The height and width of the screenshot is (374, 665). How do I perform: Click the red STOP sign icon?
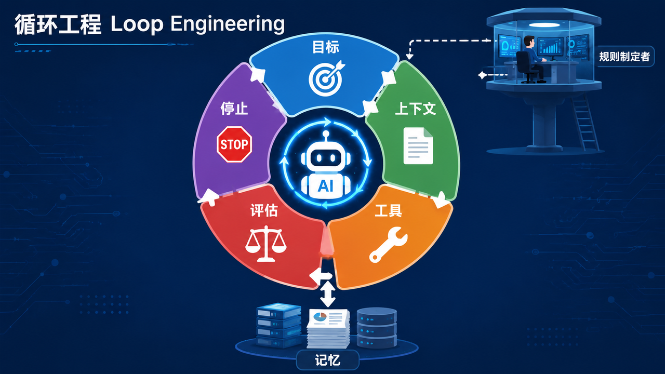[x=234, y=144]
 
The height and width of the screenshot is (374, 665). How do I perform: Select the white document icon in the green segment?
[x=418, y=146]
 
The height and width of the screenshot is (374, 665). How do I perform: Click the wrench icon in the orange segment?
[x=388, y=245]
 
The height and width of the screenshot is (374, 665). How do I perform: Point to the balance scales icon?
[x=265, y=244]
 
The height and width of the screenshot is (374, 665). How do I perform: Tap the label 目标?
[x=326, y=47]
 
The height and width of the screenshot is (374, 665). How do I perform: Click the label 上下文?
[x=415, y=109]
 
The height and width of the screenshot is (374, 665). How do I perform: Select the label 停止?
[x=234, y=109]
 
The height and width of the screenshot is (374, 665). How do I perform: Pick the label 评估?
[x=263, y=210]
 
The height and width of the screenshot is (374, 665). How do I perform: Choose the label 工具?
[x=388, y=210]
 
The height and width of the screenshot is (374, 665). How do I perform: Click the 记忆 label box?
[x=328, y=360]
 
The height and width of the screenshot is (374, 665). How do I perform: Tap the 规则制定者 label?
[x=624, y=57]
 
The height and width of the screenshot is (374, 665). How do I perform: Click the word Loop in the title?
[x=137, y=24]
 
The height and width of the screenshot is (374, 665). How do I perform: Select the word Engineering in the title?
[x=228, y=24]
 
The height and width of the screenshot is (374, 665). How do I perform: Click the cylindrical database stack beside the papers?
[x=377, y=327]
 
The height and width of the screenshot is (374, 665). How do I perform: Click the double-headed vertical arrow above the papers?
[x=327, y=293]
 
